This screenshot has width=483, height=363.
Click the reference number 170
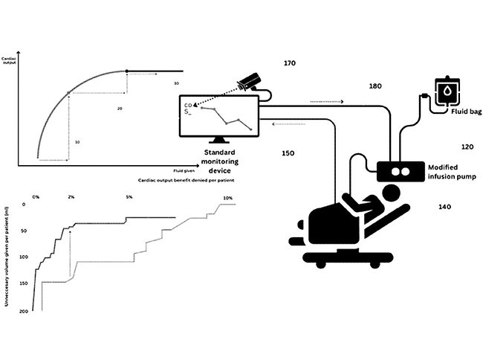pos(290,64)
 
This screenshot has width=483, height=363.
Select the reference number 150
pos(288,153)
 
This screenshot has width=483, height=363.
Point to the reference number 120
pos(446,147)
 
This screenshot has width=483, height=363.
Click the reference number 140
pos(444,206)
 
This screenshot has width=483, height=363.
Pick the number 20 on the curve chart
pos(119,109)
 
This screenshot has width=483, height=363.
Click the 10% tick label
pos(228,197)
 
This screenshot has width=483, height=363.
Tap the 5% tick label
pos(129,197)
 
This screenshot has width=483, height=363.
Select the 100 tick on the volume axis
pos(22,257)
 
